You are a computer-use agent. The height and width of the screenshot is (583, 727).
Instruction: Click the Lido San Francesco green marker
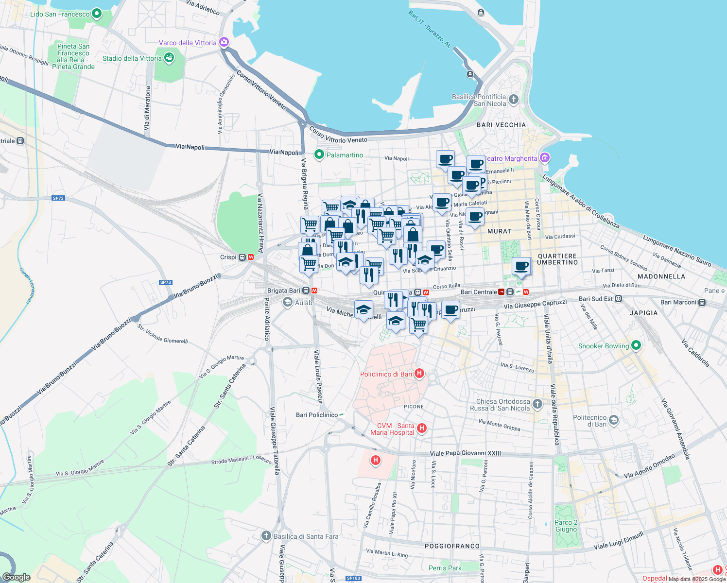click(97, 14)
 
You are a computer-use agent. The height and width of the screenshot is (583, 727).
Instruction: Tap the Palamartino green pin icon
click(319, 155)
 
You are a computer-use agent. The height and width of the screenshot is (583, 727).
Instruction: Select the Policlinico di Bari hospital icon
click(420, 374)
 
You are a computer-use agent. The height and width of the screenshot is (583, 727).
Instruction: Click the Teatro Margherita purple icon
click(544, 158)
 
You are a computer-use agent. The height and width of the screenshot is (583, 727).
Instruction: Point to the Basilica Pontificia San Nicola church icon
click(513, 100)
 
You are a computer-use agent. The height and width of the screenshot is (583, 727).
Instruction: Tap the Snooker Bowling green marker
click(636, 345)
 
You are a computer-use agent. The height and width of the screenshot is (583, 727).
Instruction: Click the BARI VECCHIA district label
click(501, 125)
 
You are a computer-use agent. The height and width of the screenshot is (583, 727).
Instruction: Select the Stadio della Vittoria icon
click(169, 58)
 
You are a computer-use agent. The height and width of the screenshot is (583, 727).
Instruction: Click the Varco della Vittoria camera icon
click(224, 42)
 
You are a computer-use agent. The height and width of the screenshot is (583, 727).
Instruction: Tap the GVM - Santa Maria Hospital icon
click(422, 428)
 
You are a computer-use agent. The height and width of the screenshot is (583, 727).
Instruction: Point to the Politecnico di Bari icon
click(614, 420)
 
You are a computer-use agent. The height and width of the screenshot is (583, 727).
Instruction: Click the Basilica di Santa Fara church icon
click(266, 536)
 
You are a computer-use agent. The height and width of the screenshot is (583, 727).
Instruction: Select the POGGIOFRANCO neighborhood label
click(452, 546)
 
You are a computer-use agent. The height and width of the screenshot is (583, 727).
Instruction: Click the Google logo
click(16, 577)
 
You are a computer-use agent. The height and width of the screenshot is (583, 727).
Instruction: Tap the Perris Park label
click(445, 568)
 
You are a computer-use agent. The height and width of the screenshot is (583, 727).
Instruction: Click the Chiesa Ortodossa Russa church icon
click(537, 404)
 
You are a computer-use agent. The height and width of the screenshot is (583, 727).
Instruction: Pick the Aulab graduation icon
click(287, 302)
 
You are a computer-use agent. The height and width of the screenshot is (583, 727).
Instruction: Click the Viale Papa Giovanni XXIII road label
click(465, 453)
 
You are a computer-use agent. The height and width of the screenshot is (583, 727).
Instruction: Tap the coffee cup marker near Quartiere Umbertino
click(521, 267)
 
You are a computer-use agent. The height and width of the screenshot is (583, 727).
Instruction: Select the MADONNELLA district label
click(661, 276)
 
